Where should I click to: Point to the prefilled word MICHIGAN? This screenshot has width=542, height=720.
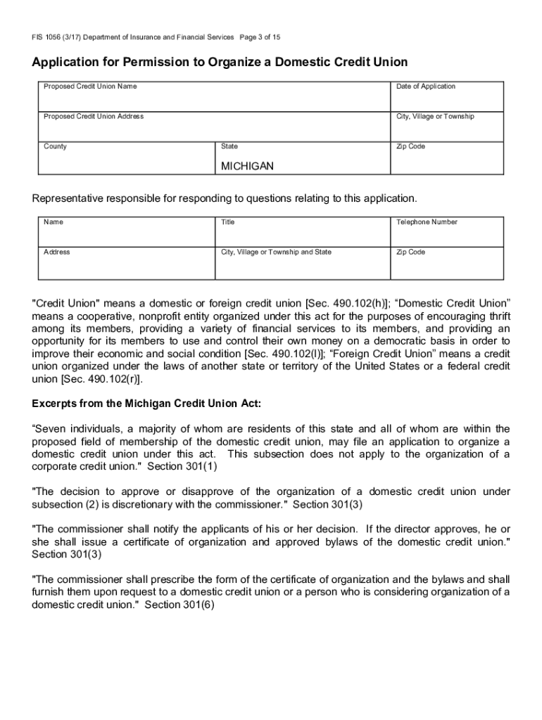click(x=247, y=167)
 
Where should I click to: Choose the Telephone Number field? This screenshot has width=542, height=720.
click(x=446, y=235)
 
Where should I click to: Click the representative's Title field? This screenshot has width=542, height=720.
click(x=302, y=235)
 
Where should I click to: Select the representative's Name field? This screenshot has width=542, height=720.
click(x=125, y=235)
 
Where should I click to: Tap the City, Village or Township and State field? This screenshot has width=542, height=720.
click(x=302, y=264)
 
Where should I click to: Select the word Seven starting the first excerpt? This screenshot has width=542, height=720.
click(x=53, y=428)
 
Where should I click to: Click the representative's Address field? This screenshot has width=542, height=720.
click(x=125, y=264)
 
